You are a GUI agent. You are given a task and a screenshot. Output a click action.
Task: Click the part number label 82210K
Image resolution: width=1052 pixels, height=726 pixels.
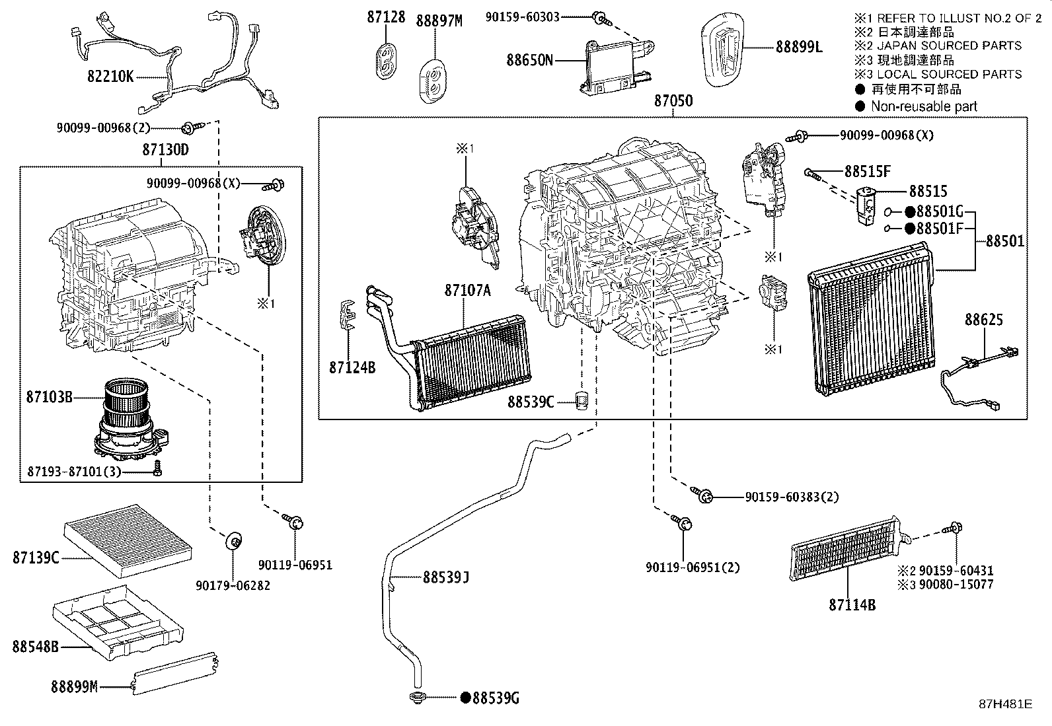pos(110,76)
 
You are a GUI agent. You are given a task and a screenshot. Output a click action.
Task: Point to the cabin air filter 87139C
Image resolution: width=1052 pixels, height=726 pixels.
pos(128,542)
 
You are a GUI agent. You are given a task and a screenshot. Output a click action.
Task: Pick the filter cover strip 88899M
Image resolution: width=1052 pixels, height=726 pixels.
pos(174,673)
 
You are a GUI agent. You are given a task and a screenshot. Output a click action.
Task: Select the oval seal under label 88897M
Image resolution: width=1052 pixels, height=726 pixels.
pos(433,81)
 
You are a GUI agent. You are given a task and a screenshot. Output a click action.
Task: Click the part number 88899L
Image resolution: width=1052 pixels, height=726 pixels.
pos(799,47)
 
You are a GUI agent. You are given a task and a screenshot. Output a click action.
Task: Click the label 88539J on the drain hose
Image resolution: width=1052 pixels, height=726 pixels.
pos(445,577)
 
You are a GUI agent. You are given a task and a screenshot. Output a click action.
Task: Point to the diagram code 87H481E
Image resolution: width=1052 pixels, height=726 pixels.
pos(1006,704)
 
